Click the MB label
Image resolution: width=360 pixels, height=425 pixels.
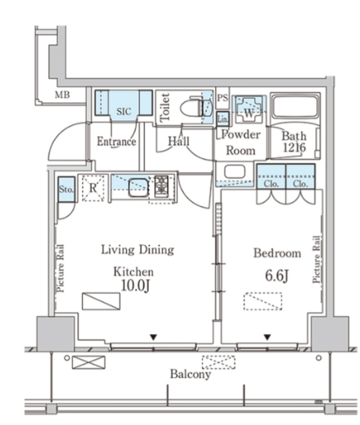(x=62, y=95)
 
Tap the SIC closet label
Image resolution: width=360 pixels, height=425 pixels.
(x=124, y=112)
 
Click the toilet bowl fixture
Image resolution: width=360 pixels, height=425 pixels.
(x=193, y=109)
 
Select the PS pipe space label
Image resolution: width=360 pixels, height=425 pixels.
(x=223, y=98)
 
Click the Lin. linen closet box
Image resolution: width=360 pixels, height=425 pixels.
(x=223, y=119)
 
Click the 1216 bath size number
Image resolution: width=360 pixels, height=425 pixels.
(x=294, y=147)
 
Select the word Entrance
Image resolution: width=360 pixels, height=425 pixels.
(x=116, y=141)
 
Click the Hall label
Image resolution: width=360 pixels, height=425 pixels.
(x=179, y=141)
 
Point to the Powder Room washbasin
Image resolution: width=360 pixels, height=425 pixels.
(x=234, y=171)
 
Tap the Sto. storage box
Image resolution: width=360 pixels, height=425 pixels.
(x=66, y=189)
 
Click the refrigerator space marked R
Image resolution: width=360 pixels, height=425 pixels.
(x=93, y=188)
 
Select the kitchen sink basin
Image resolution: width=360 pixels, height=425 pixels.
(x=138, y=187)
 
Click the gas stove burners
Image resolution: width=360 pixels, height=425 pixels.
(x=161, y=186)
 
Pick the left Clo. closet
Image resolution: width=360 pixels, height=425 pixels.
(x=271, y=177)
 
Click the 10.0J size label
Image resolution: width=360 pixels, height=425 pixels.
(x=135, y=286)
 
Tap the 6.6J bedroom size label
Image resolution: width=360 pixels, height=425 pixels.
(x=276, y=276)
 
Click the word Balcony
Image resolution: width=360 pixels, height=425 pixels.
(x=191, y=375)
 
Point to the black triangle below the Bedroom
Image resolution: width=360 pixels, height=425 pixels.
(x=267, y=337)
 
